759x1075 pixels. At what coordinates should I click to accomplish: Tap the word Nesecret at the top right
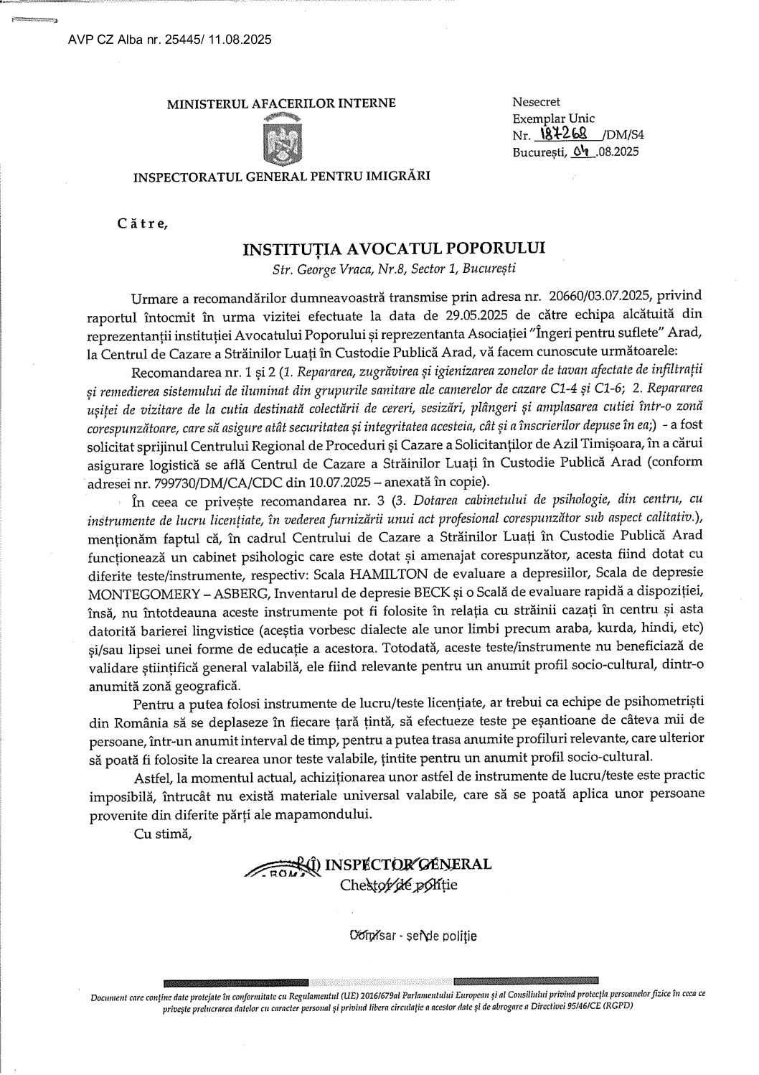point(537,103)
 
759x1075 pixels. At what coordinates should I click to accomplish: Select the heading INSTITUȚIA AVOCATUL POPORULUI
point(394,248)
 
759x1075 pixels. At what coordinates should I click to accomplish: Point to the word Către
point(142,223)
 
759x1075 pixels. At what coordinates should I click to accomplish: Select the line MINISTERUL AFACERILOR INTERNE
point(281,103)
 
